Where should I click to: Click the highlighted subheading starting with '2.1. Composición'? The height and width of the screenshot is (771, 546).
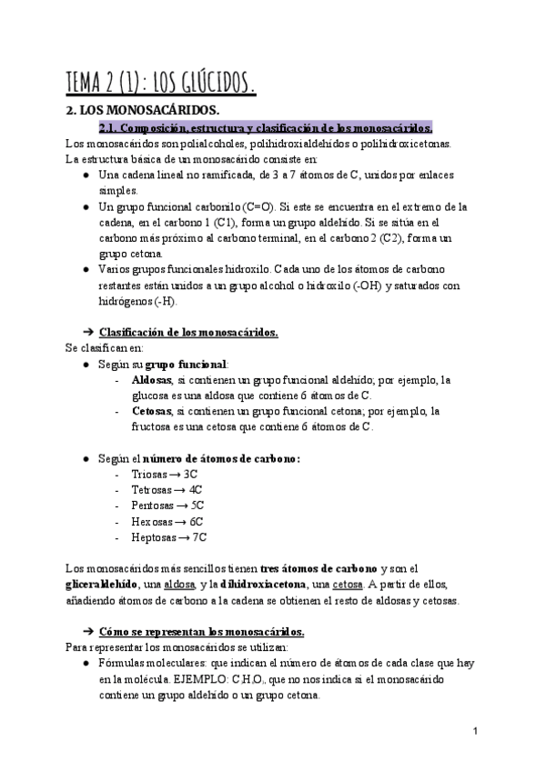pyautogui.click(x=265, y=127)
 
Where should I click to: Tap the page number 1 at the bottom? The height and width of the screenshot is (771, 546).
pyautogui.click(x=476, y=730)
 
